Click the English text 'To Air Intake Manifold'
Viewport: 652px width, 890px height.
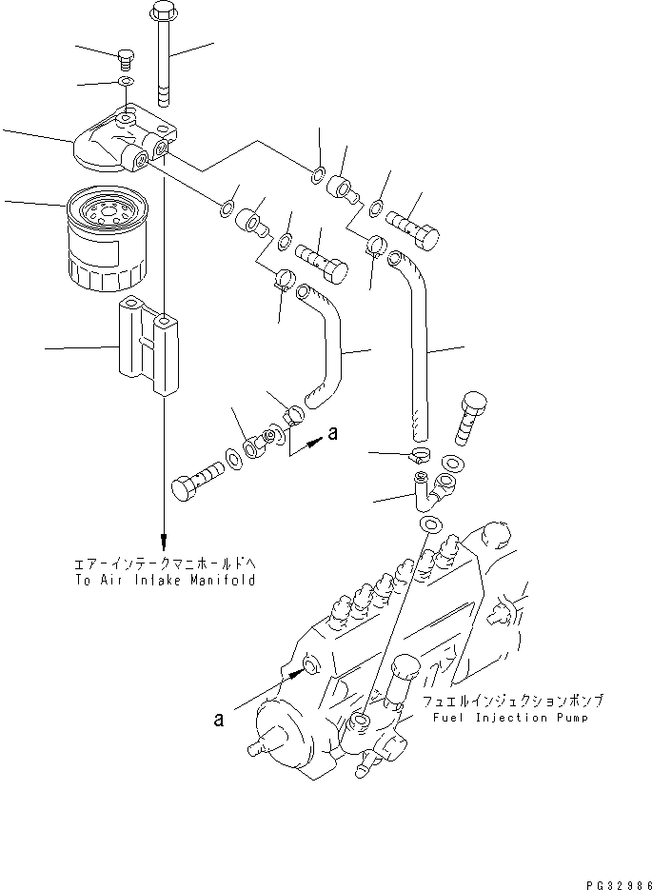click(165, 580)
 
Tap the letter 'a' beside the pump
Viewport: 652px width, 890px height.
click(220, 721)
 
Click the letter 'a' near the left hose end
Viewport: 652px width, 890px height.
click(332, 433)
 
